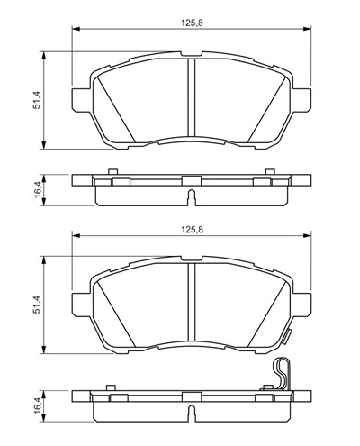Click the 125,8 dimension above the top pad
coord(192,23)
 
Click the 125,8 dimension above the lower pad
coord(192,230)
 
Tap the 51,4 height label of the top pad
coord(37,100)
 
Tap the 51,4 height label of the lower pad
coord(37,305)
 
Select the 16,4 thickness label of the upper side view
coord(37,189)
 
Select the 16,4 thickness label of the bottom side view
coord(37,406)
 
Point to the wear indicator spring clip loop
coord(281,374)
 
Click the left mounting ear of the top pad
coord(81,100)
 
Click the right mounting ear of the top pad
coord(302,100)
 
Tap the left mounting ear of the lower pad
coord(81,305)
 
